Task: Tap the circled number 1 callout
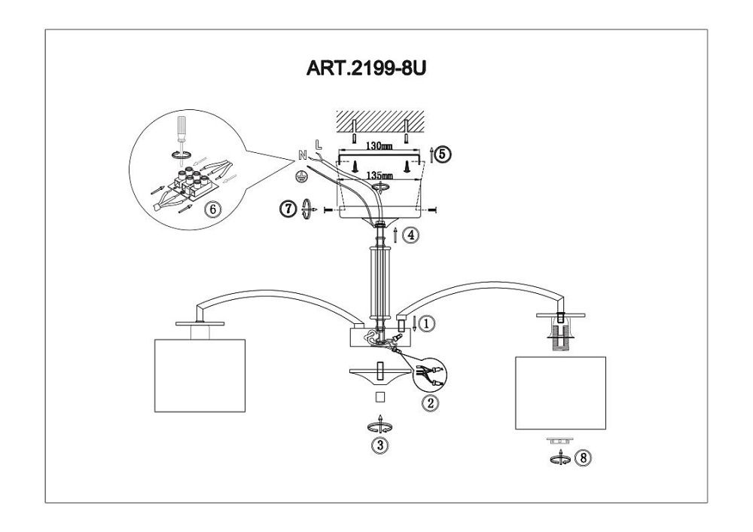click(x=426, y=325)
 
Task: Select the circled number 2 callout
click(x=431, y=403)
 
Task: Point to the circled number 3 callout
click(x=381, y=445)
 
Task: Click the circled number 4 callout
click(x=410, y=235)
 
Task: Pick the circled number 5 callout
click(x=443, y=154)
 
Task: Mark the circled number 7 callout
click(x=288, y=209)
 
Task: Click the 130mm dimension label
click(x=377, y=148)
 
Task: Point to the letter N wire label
click(x=302, y=155)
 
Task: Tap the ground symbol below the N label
click(x=299, y=173)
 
